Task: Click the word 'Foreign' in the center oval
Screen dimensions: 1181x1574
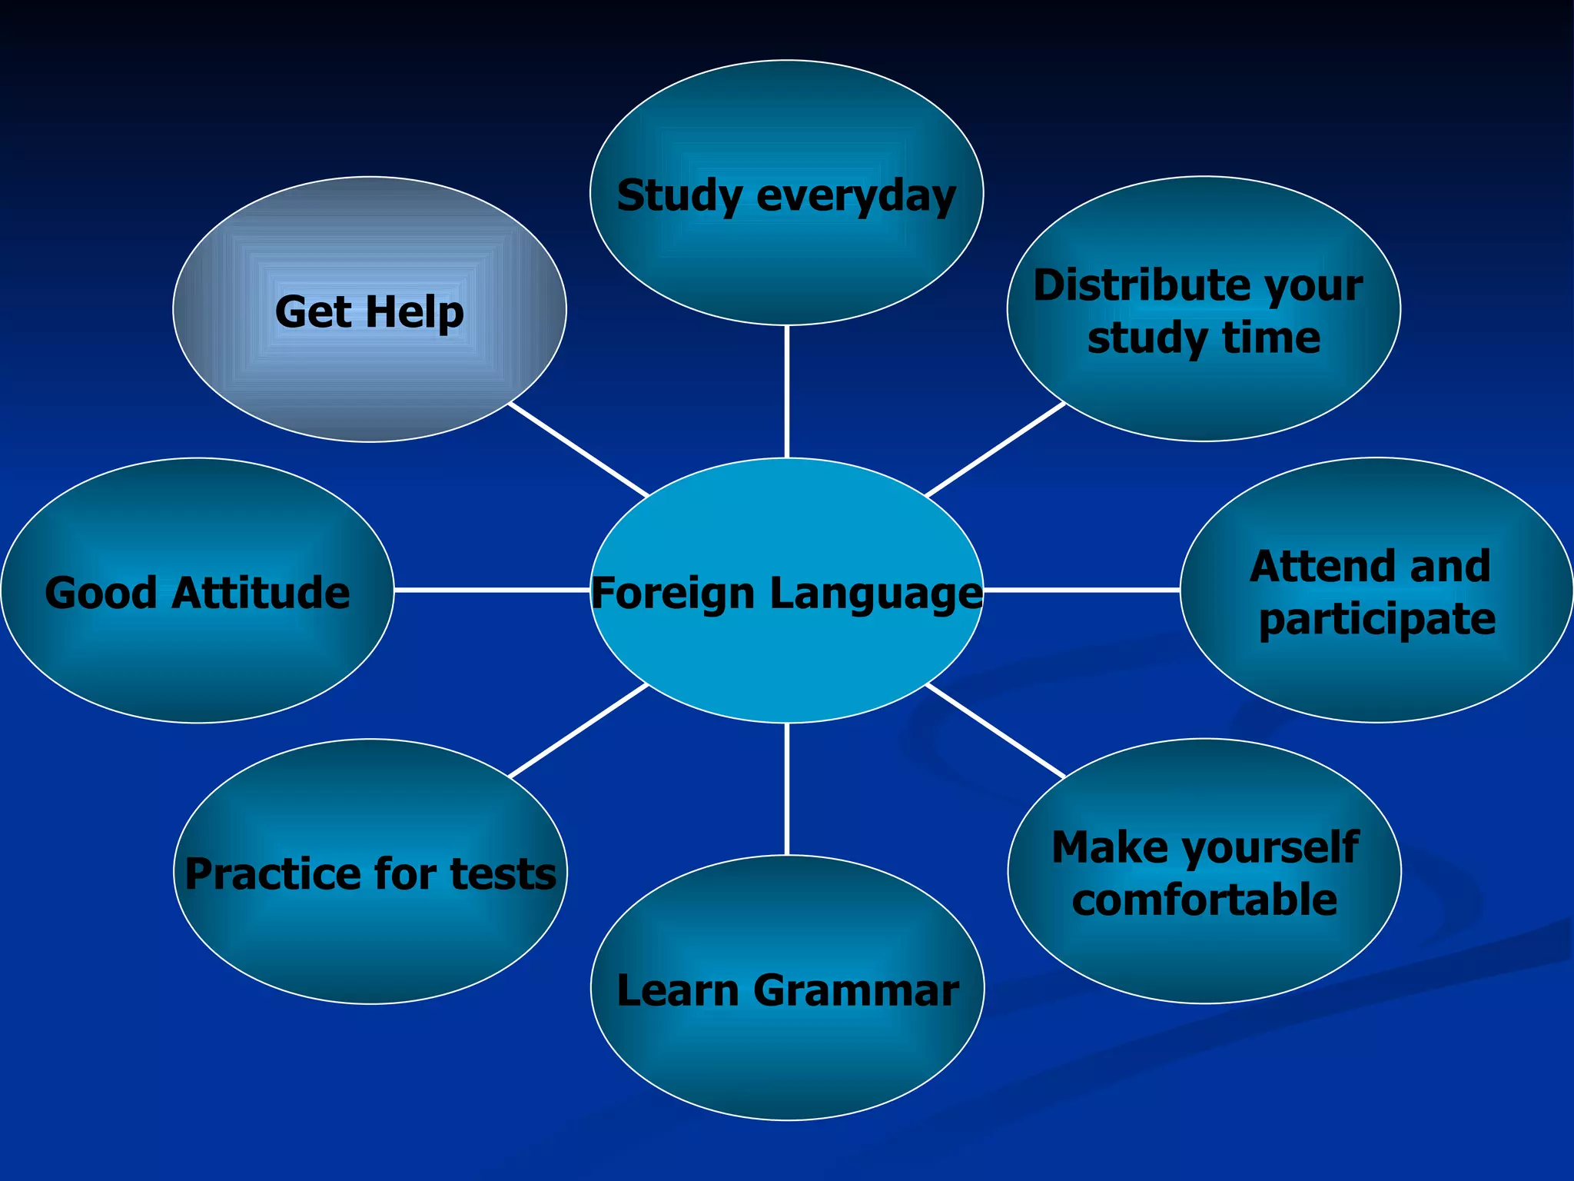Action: pyautogui.click(x=673, y=594)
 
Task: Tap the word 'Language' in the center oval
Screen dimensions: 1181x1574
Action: pyautogui.click(x=876, y=594)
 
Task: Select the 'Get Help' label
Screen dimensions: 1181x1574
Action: pyautogui.click(x=370, y=311)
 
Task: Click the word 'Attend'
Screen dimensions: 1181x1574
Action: pyautogui.click(x=1321, y=567)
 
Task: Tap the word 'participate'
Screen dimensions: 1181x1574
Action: pyautogui.click(x=1376, y=619)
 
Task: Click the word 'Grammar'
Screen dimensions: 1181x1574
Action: pyautogui.click(x=855, y=990)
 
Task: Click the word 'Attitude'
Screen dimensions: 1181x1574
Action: pyautogui.click(x=261, y=593)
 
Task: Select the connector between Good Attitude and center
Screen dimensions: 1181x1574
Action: pyautogui.click(x=492, y=590)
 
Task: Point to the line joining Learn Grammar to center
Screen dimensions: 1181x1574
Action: pyautogui.click(x=787, y=789)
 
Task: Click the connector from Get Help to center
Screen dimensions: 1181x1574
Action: pyautogui.click(x=579, y=449)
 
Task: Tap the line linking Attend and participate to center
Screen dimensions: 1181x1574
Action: pyautogui.click(x=1081, y=590)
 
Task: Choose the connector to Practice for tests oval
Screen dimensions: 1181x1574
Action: pyautogui.click(x=579, y=730)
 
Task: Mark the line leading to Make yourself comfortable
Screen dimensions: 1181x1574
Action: pyautogui.click(x=996, y=730)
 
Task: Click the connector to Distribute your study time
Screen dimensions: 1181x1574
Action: pyautogui.click(x=996, y=449)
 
